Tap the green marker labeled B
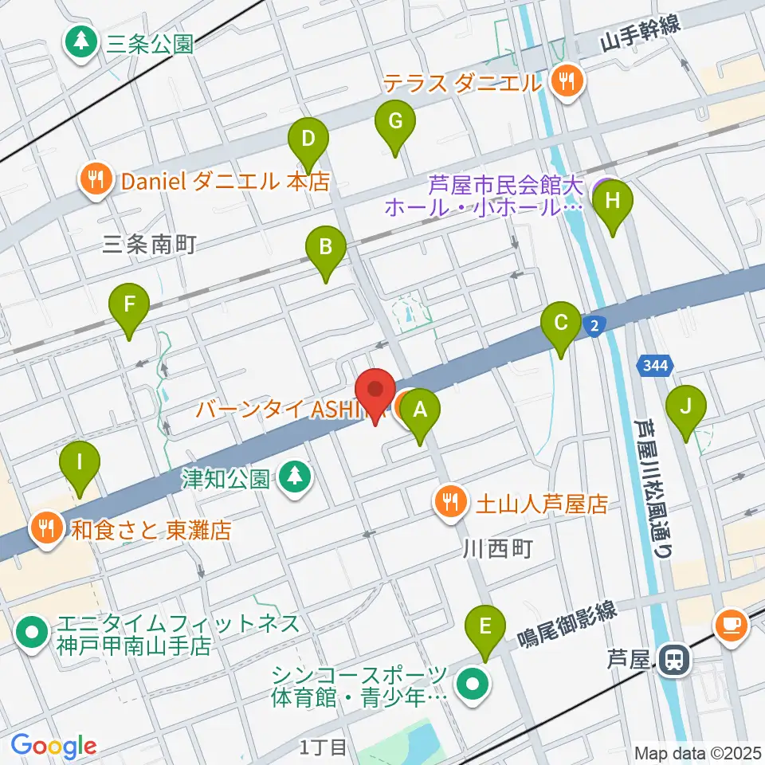pyautogui.click(x=326, y=248)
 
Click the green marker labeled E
pyautogui.click(x=485, y=627)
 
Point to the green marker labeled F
pyautogui.click(x=129, y=305)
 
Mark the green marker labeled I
pyautogui.click(x=80, y=463)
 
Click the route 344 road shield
pyautogui.click(x=655, y=366)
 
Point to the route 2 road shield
pyautogui.click(x=594, y=324)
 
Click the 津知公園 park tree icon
pyautogui.click(x=296, y=478)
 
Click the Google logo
pyautogui.click(x=53, y=745)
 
